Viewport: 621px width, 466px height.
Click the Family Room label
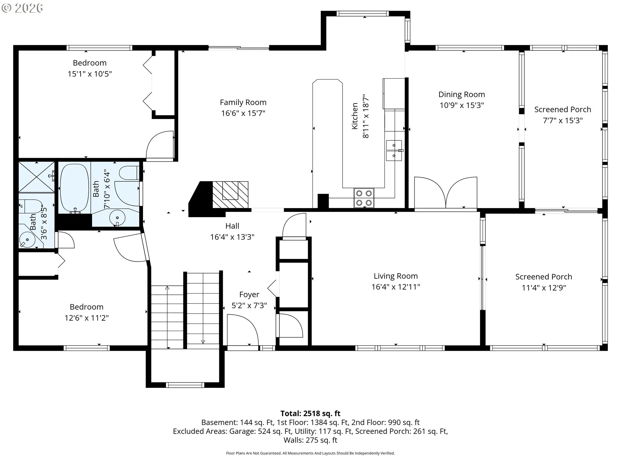(243, 103)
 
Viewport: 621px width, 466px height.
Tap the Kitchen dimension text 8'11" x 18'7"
(365, 116)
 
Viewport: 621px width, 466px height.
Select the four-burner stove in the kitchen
(364, 198)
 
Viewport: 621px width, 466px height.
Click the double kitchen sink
(394, 150)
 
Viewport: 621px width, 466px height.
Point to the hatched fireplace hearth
(230, 195)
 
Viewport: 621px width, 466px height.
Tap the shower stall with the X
(37, 177)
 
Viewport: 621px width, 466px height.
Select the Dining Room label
(462, 94)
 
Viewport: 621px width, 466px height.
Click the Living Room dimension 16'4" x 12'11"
(396, 287)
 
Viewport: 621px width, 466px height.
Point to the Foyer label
(249, 294)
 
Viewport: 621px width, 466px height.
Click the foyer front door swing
(243, 330)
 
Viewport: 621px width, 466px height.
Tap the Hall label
(232, 226)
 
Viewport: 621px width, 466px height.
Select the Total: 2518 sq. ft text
(310, 413)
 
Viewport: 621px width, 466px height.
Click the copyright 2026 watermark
(22, 8)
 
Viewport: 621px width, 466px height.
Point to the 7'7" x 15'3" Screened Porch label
(563, 120)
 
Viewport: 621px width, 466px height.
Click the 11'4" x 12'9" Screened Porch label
(544, 288)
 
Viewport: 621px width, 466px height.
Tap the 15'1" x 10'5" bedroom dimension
(90, 74)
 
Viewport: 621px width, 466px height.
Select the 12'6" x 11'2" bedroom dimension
(86, 318)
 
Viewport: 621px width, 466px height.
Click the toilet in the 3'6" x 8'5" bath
(30, 206)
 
